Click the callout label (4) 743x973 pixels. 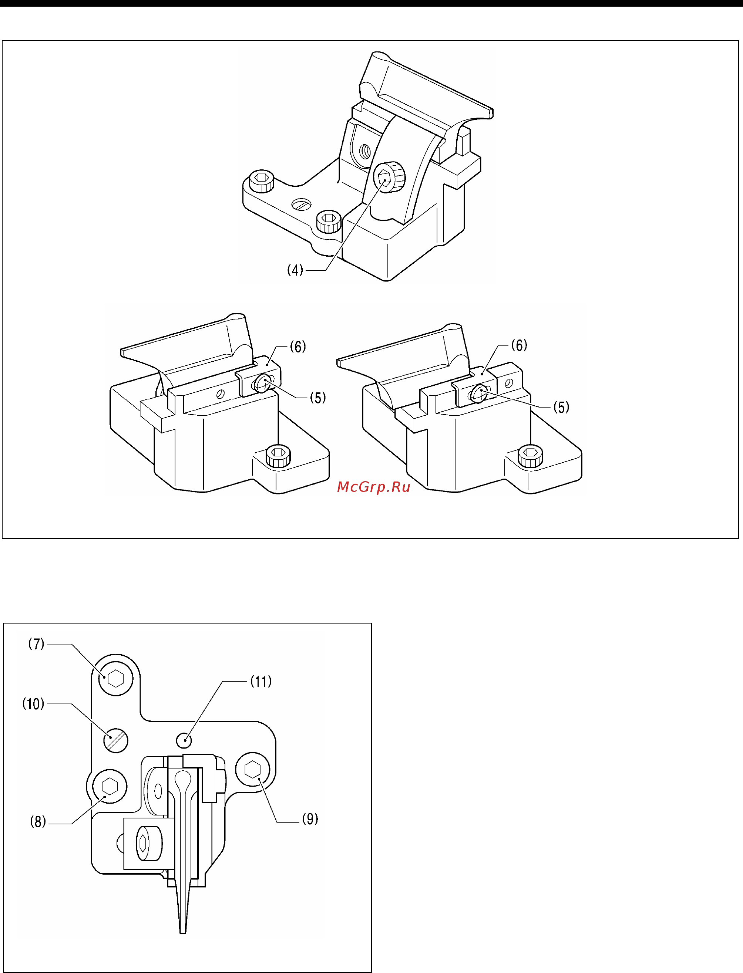pyautogui.click(x=295, y=270)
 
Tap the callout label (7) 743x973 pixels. pyautogui.click(x=36, y=644)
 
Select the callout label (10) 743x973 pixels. pyautogui.click(x=33, y=704)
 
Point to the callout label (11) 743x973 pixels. pyautogui.click(x=261, y=681)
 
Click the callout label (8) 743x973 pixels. pyautogui.click(x=38, y=822)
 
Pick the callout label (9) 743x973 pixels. pyautogui.click(x=310, y=819)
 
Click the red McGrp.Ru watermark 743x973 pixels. pyautogui.click(x=374, y=487)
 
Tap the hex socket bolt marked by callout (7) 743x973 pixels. pyautogui.click(x=115, y=679)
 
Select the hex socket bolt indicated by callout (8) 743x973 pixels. pyautogui.click(x=109, y=787)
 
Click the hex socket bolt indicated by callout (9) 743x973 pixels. pyautogui.click(x=252, y=770)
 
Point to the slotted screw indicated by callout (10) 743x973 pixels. pyautogui.click(x=116, y=740)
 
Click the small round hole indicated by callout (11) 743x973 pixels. pyautogui.click(x=184, y=740)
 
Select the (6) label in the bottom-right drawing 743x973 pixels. pyautogui.click(x=519, y=345)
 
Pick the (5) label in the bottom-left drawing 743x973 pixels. pyautogui.click(x=317, y=398)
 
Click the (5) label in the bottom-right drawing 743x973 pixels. pyautogui.click(x=561, y=407)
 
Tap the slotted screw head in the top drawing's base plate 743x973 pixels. pyautogui.click(x=302, y=204)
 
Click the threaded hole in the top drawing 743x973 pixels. pyautogui.click(x=365, y=152)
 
